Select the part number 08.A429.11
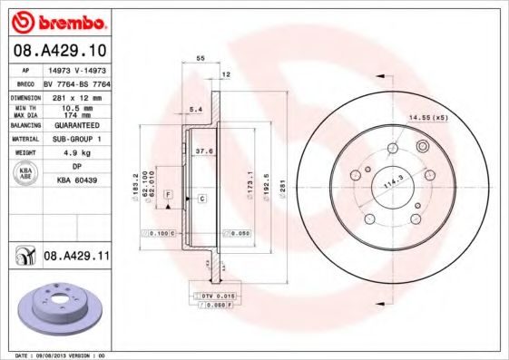[76, 258]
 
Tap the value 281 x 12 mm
[76, 95]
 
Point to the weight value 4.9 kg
[76, 153]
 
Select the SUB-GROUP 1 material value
[76, 139]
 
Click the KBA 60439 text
[76, 181]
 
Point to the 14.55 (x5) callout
[430, 118]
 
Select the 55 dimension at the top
[201, 57]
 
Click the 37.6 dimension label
[205, 152]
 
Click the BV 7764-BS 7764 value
[76, 83]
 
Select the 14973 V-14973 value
[76, 69]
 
